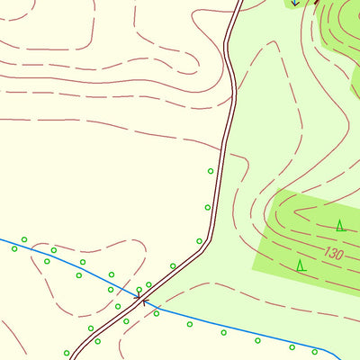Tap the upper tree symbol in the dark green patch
pyautogui.click(x=340, y=225)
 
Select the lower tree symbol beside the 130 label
pyautogui.click(x=301, y=265)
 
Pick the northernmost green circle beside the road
pyautogui.click(x=211, y=171)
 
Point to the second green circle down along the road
pyautogui.click(x=207, y=208)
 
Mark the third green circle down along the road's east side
pyautogui.click(x=199, y=241)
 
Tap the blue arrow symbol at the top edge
pyautogui.click(x=294, y=3)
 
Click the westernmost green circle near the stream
pyautogui.click(x=14, y=248)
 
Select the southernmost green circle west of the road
pyautogui.click(x=67, y=353)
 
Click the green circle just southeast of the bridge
pyautogui.click(x=157, y=313)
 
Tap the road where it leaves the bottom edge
pyautogui.click(x=73, y=356)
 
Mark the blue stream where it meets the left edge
pyautogui.click(x=2, y=239)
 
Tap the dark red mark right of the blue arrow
pyautogui.click(x=316, y=2)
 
